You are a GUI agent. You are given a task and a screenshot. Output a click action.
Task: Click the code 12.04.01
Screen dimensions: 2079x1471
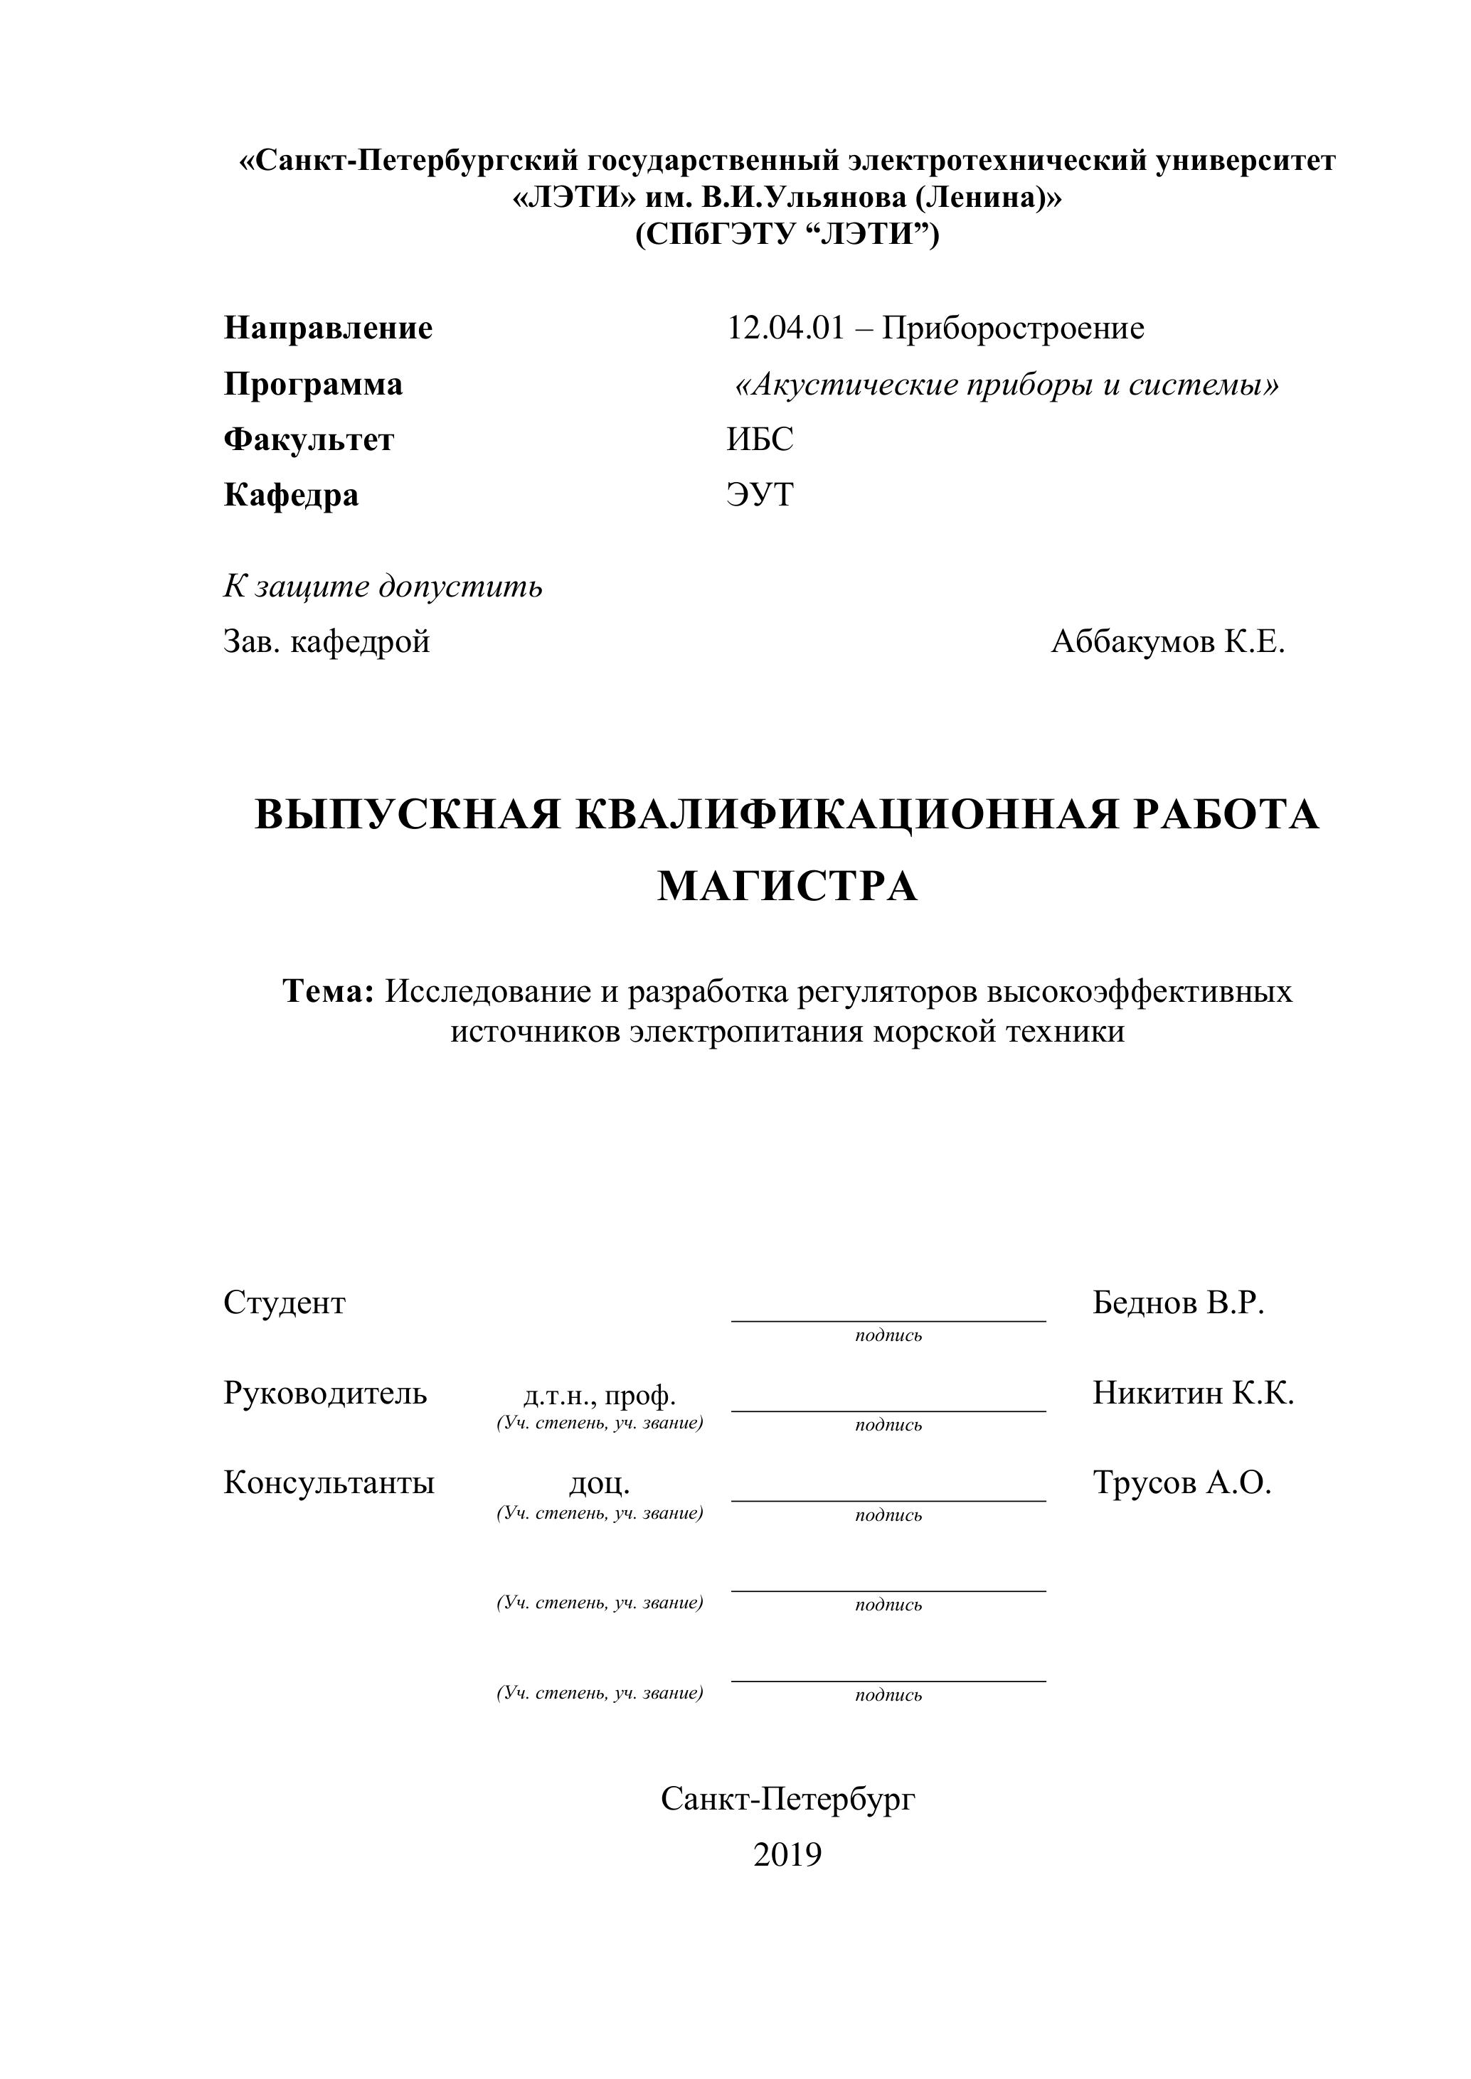tap(785, 328)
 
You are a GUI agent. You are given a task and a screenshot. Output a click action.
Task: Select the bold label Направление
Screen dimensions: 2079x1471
tap(328, 328)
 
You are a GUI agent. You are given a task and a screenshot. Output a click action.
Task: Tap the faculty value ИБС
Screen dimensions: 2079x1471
tap(759, 439)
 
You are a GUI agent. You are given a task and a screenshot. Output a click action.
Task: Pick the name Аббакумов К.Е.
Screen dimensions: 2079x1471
tap(1167, 642)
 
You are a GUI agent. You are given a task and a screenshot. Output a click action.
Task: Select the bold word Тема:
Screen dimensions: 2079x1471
tap(329, 992)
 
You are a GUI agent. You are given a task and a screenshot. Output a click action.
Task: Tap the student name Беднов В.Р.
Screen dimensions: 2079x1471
tap(1177, 1303)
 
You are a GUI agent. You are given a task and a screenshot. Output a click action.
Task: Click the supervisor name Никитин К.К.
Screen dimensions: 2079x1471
tap(1193, 1393)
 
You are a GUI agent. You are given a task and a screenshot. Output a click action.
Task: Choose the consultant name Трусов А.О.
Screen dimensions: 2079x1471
tap(1181, 1482)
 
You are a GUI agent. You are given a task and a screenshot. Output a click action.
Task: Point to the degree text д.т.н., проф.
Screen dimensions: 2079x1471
tap(600, 1394)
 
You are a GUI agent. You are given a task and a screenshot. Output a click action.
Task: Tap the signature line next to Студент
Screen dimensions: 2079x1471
tap(888, 1320)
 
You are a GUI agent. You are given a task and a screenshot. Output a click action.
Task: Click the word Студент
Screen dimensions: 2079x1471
tap(285, 1303)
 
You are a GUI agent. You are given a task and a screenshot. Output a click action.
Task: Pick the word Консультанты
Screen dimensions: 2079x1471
tap(329, 1482)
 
